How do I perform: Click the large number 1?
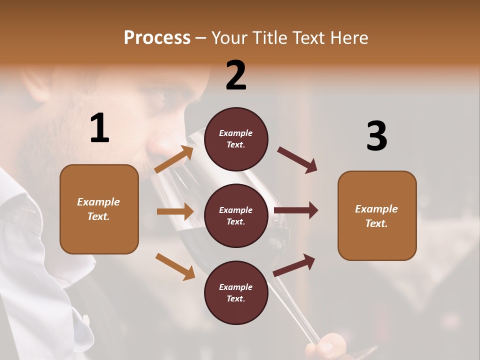(x=99, y=128)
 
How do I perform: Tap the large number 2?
(x=236, y=75)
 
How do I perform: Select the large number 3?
(x=376, y=136)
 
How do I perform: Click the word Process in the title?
(x=157, y=37)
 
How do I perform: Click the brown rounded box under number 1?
(x=99, y=209)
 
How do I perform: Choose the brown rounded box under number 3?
(x=377, y=215)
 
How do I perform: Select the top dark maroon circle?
(x=236, y=139)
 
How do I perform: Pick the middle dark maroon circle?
(x=236, y=215)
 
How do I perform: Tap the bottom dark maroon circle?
(x=236, y=292)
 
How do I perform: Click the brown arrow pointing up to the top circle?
(x=174, y=159)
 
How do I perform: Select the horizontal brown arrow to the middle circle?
(x=175, y=211)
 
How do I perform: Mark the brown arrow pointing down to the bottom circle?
(x=175, y=266)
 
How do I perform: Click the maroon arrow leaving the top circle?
(x=297, y=159)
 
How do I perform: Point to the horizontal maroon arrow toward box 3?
(x=296, y=210)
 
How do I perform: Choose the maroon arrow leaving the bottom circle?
(x=294, y=265)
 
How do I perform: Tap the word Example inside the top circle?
(x=236, y=133)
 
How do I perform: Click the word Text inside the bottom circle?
(x=235, y=298)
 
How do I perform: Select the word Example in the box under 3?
(x=376, y=209)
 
